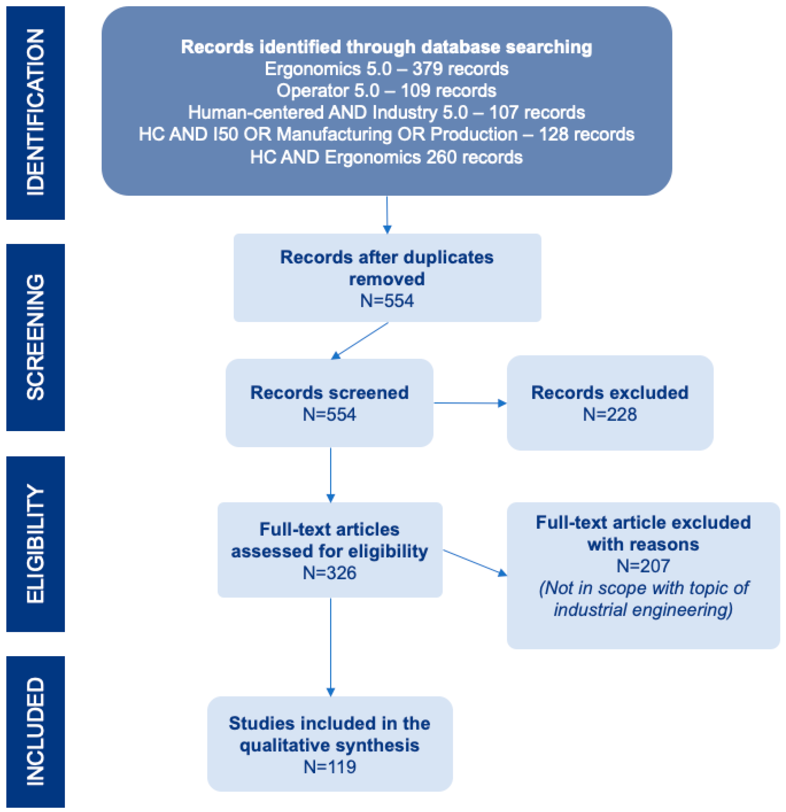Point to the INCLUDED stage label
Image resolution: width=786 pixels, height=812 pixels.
pos(35,731)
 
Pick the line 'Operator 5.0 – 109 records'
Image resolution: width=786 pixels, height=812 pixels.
pos(386,91)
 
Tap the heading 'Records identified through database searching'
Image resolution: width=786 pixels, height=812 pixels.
pos(386,47)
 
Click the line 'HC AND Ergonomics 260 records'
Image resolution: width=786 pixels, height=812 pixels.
pos(386,157)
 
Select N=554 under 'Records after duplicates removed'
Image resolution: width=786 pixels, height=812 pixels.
pos(387,301)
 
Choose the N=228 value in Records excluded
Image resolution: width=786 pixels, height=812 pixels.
pos(610,414)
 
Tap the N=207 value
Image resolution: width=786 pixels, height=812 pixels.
pos(643,566)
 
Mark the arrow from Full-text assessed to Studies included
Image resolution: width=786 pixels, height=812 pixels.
pos(330,646)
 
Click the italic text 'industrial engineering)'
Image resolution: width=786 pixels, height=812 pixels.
pos(643,610)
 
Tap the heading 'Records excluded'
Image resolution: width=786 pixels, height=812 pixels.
pos(610,392)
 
